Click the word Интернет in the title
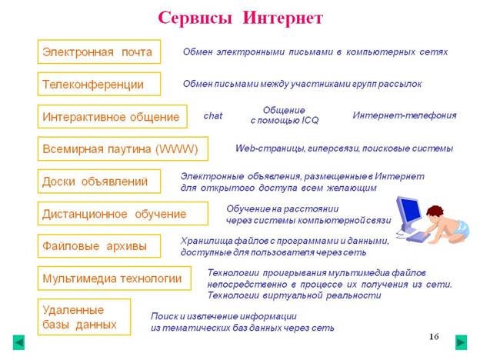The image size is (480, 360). click(282, 18)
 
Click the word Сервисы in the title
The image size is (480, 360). click(195, 18)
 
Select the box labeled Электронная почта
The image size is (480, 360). click(99, 52)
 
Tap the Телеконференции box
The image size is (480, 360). click(99, 84)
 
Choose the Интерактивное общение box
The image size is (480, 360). click(112, 117)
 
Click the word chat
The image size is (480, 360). click(213, 115)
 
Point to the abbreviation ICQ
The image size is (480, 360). click(310, 120)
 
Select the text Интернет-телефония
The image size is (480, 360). click(405, 115)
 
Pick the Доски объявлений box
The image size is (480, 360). click(99, 182)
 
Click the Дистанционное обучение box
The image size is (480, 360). click(123, 214)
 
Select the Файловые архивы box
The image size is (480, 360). click(99, 246)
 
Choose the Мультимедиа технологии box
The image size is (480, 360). click(115, 278)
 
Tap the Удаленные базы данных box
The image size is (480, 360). click(84, 317)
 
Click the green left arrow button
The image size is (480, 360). click(18, 342)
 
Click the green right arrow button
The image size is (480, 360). click(461, 342)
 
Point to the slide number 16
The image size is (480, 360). click(434, 336)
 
